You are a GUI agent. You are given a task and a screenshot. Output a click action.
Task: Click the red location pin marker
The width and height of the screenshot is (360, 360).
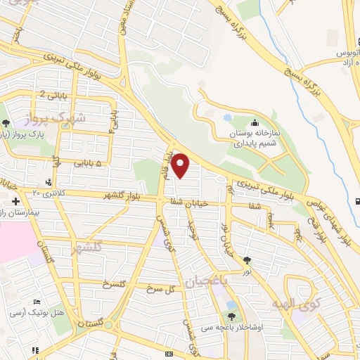181,165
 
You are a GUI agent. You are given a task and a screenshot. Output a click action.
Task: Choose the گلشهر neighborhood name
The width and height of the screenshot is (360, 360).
87,247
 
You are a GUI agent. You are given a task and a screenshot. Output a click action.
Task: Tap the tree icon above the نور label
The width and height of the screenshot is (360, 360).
247,261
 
